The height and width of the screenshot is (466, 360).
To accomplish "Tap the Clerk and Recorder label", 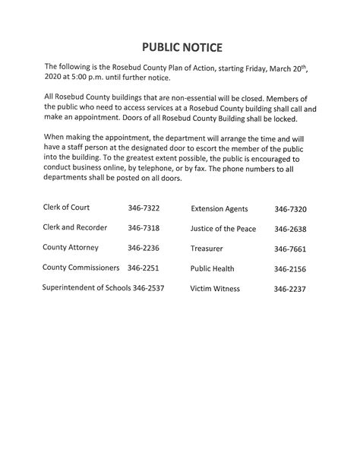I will (75, 227).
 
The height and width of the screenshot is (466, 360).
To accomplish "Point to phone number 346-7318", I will (144, 227).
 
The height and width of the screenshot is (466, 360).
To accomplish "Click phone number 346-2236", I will (144, 248).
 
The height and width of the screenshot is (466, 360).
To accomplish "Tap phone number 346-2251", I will (144, 268).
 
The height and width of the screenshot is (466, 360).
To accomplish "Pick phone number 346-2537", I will (149, 288).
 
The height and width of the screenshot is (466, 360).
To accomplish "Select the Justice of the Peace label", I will (223, 229).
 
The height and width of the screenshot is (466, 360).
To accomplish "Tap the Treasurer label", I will (207, 249).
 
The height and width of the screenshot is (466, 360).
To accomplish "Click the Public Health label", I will (212, 268).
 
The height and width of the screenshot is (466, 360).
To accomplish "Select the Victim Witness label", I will (214, 289).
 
